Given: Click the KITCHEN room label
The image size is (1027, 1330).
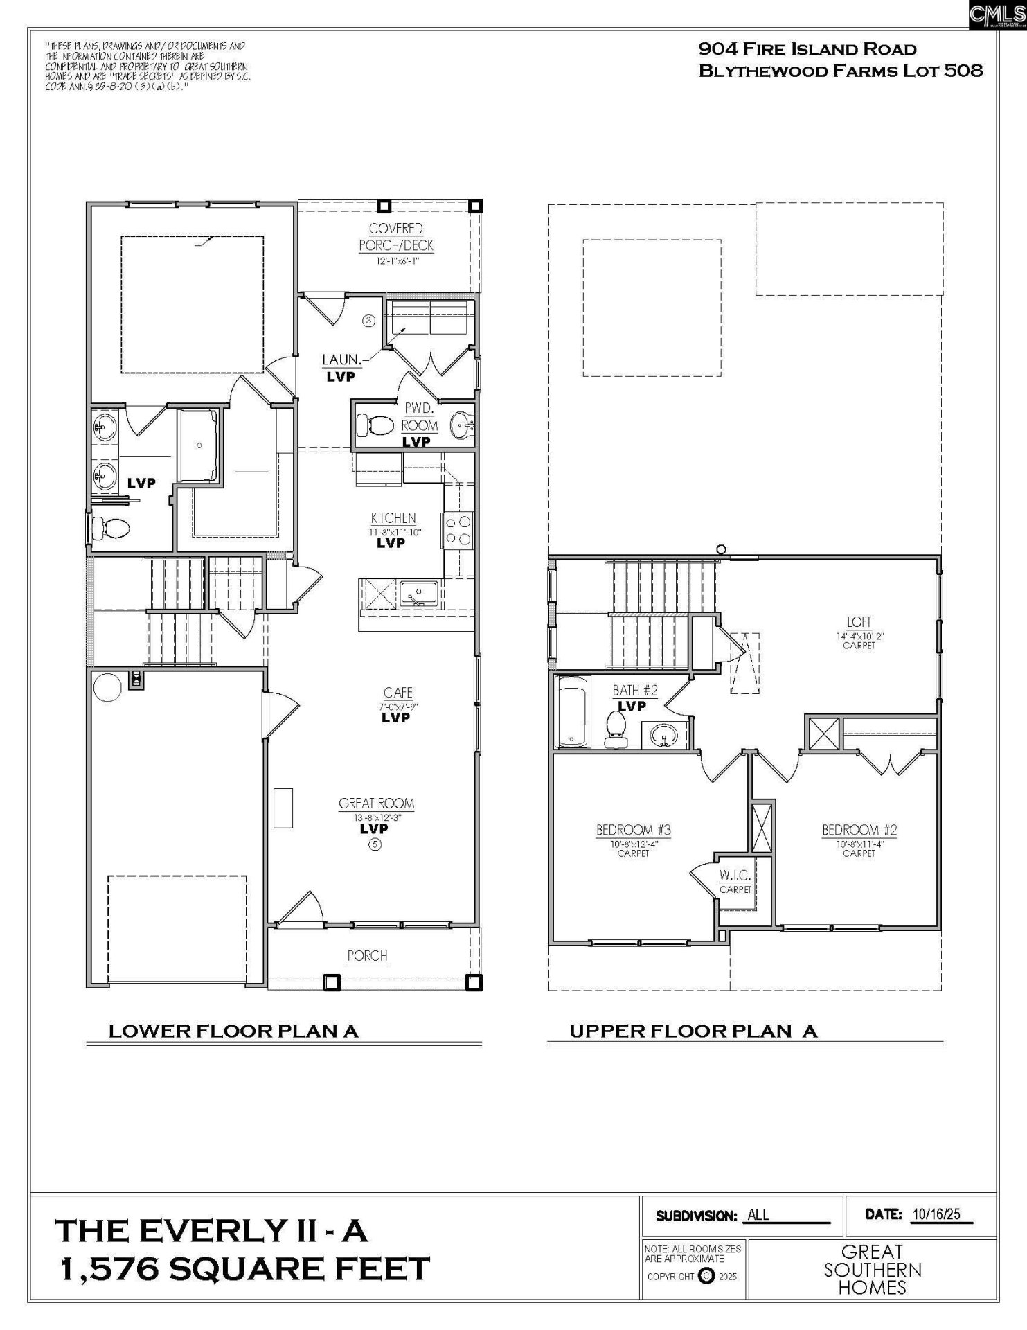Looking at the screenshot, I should [x=393, y=517].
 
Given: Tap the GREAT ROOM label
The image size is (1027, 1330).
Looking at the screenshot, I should [x=376, y=804].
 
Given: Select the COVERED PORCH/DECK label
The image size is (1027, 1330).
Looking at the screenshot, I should [x=395, y=236].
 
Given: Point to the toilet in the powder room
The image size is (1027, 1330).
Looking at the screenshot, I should [x=373, y=425].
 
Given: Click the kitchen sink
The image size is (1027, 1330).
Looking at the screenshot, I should [x=418, y=594].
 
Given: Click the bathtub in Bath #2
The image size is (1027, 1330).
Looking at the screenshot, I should [x=571, y=711].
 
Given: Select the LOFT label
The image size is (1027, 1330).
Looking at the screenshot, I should [x=859, y=621].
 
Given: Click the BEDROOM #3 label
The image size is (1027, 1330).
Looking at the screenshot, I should [x=633, y=830].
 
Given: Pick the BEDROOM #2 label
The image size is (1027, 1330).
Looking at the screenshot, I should [x=859, y=830].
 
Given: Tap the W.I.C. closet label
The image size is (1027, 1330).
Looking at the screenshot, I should [x=735, y=876].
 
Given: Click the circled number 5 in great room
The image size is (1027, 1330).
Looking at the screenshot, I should [x=375, y=844].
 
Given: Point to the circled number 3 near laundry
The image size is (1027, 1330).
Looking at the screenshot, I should [x=368, y=320].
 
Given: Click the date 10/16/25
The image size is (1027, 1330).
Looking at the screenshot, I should [x=936, y=1214].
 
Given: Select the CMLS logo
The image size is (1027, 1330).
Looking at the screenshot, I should [x=997, y=14].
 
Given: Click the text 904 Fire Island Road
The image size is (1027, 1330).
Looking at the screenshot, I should [x=807, y=49].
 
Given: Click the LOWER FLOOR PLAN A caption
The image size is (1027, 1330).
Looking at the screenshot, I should [x=233, y=1031].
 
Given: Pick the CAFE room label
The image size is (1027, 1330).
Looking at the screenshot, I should [x=398, y=693].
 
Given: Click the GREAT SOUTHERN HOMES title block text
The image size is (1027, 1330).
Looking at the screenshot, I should [x=873, y=1270].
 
